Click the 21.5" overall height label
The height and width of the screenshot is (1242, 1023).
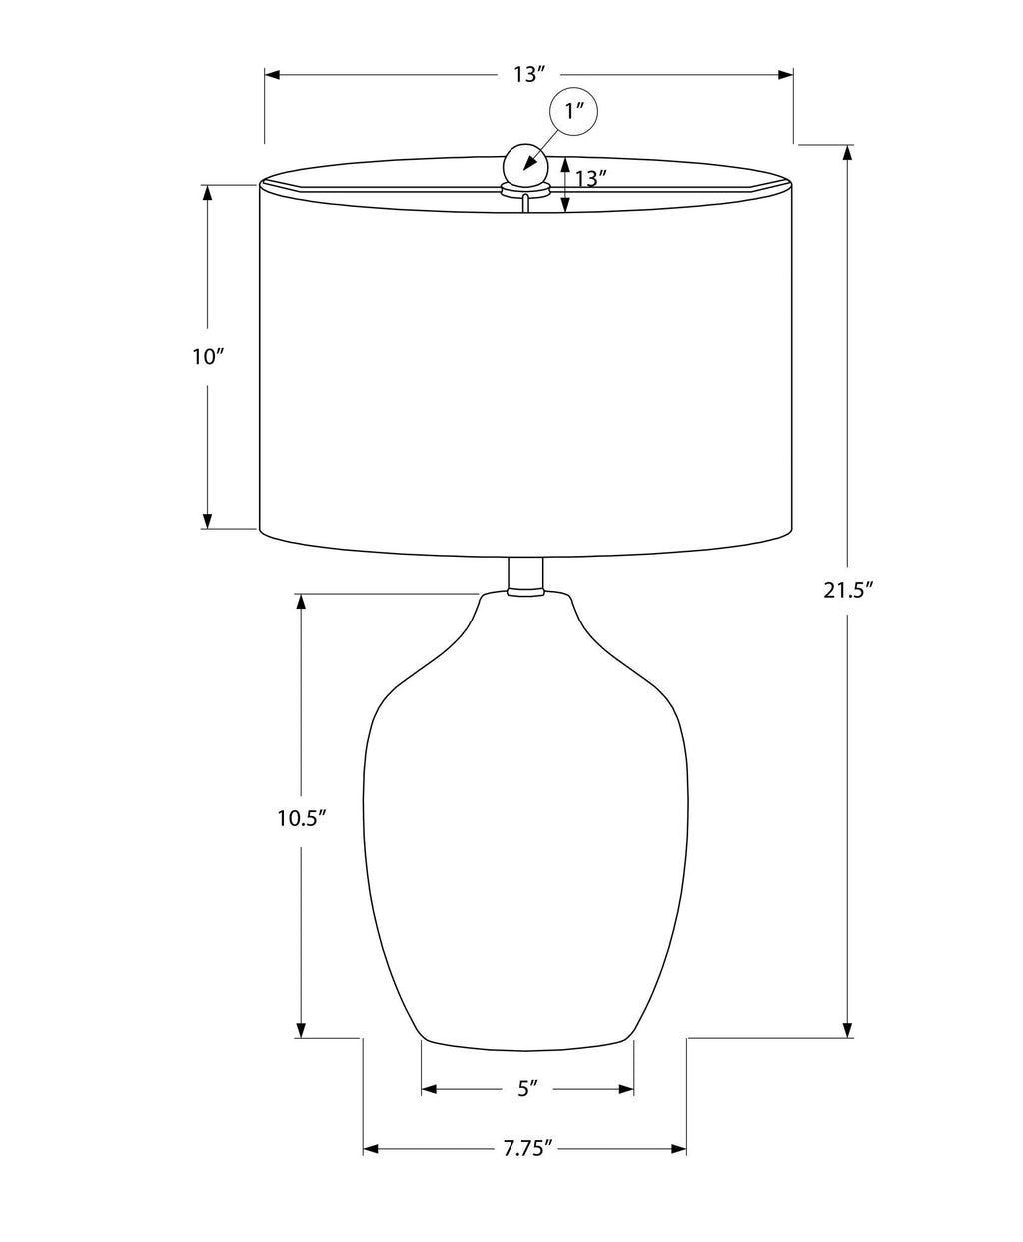pyautogui.click(x=848, y=591)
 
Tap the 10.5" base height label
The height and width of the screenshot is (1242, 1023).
pyautogui.click(x=302, y=818)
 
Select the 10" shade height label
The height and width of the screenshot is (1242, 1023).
pyautogui.click(x=208, y=357)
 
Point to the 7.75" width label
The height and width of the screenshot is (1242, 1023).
pyautogui.click(x=527, y=1165)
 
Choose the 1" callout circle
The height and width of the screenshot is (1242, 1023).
pyautogui.click(x=572, y=111)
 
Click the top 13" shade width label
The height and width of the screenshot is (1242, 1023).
pyautogui.click(x=529, y=74)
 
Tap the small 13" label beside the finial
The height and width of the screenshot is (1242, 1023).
pyautogui.click(x=590, y=178)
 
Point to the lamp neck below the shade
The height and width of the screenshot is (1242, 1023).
pyautogui.click(x=525, y=576)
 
